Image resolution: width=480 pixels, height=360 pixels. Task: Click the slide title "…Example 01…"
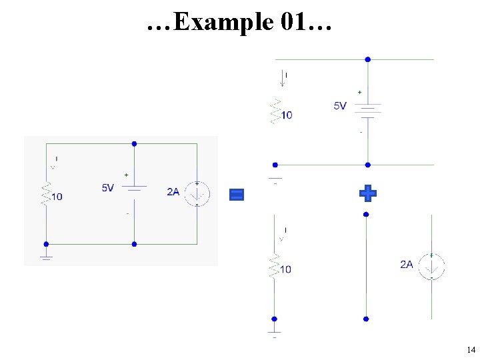(x=239, y=22)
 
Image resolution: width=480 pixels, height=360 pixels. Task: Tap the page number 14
(x=471, y=350)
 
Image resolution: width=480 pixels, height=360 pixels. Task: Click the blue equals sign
(x=237, y=194)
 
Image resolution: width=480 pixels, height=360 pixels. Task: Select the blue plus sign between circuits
(x=367, y=193)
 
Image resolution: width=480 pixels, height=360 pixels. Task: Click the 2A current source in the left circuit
(x=197, y=193)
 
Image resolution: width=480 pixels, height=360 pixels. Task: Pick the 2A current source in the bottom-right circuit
(x=431, y=266)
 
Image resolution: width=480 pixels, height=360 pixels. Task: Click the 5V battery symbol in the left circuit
(x=134, y=188)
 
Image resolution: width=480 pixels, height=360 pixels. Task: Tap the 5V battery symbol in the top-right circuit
(x=367, y=109)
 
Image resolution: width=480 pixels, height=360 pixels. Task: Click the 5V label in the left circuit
(x=108, y=188)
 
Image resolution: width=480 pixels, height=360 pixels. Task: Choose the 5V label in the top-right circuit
(x=340, y=105)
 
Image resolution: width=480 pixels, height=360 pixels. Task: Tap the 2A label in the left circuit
(x=173, y=192)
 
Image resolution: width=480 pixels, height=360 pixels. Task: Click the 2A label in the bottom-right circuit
(x=407, y=265)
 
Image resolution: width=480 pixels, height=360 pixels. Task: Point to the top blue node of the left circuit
(x=134, y=143)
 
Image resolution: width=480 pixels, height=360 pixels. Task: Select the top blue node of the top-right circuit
(x=367, y=59)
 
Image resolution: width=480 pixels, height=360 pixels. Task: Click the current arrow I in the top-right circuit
(x=282, y=78)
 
